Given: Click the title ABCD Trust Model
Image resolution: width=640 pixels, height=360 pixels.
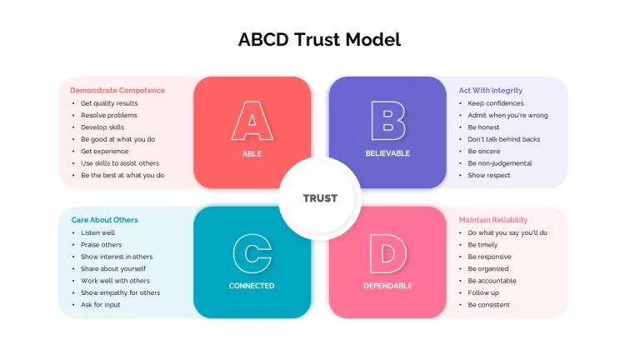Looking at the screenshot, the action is (320, 40).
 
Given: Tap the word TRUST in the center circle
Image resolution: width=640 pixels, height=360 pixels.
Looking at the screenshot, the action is (320, 198).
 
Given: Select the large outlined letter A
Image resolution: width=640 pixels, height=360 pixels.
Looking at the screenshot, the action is (252, 121).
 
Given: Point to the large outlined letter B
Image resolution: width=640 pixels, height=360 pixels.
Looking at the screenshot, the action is (388, 121).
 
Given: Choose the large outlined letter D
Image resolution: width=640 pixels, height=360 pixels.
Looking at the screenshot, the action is (387, 253).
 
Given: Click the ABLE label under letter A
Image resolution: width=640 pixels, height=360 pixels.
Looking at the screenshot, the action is (252, 154).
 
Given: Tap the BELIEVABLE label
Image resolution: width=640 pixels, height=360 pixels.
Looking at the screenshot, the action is (387, 153).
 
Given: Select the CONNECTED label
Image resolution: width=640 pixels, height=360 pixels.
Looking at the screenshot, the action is (252, 286).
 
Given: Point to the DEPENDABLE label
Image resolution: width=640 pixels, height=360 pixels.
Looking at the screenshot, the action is (387, 286).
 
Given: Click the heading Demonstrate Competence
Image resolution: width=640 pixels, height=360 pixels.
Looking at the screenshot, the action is (117, 90).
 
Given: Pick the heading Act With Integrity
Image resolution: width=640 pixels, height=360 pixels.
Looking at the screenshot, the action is (491, 90).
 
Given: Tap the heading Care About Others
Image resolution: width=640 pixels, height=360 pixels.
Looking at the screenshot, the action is (104, 220).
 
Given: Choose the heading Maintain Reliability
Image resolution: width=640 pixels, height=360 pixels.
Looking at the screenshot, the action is (493, 220).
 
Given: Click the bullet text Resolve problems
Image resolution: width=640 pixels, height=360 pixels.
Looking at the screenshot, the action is (109, 115).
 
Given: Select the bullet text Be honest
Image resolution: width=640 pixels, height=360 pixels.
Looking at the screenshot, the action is (483, 127).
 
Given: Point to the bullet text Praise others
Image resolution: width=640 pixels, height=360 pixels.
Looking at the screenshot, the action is (101, 245).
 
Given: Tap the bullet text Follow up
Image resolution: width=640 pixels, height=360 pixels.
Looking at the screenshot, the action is (483, 292).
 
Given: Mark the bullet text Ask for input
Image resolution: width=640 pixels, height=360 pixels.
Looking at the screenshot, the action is (100, 305).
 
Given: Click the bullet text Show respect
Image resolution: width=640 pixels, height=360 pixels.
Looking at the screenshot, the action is (489, 175).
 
